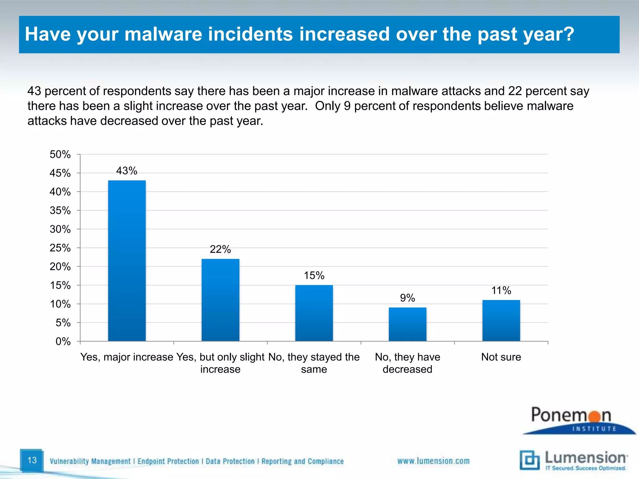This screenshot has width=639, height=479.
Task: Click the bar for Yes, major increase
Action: (127, 260)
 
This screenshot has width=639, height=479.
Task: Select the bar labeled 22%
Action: (220, 300)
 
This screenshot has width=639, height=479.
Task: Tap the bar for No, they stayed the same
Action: (314, 313)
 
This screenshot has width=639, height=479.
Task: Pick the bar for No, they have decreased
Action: (407, 324)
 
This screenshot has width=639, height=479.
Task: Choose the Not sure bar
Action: (501, 320)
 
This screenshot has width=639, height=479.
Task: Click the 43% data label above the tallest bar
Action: (127, 171)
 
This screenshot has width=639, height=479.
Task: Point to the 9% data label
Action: (407, 298)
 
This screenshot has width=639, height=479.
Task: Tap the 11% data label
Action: (501, 291)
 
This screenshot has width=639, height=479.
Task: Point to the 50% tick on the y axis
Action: (60, 154)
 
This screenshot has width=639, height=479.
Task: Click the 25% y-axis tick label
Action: (60, 248)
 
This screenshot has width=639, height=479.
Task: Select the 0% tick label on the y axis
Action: (63, 341)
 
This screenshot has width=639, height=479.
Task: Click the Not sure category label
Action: (501, 357)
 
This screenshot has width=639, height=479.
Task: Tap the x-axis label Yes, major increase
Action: (127, 357)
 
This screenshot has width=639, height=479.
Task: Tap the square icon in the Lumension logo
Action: (529, 460)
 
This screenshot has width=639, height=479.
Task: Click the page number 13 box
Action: (32, 460)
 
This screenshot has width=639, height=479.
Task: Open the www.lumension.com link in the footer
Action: (433, 461)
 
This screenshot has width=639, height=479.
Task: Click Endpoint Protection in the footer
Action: (168, 461)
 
